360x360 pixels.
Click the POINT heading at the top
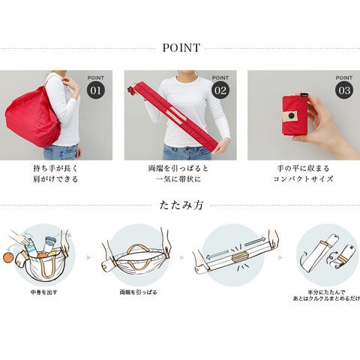point(181,48)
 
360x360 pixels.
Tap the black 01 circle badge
point(96,90)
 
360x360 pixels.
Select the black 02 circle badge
point(220,90)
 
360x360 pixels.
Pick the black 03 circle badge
point(344,90)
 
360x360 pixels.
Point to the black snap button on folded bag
point(291,115)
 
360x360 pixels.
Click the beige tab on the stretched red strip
point(177,114)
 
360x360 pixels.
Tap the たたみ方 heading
point(181,205)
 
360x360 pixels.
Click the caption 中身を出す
point(44,292)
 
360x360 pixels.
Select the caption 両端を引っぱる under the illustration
point(138,292)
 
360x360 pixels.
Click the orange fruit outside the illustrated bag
point(9,257)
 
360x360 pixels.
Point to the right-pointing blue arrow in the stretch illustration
point(255,241)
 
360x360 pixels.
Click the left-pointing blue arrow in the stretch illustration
point(217,255)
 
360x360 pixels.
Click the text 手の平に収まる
point(303,168)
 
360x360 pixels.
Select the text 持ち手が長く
point(55,168)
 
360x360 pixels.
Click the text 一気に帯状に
point(178,179)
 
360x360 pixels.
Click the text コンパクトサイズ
point(303,179)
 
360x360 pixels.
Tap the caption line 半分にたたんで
point(326,292)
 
